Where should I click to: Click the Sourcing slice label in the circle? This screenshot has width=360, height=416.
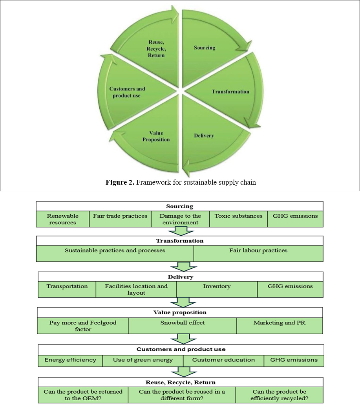point(205,48)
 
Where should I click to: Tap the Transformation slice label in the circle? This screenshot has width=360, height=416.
point(230,92)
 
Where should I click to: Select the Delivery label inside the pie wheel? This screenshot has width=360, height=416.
point(204,136)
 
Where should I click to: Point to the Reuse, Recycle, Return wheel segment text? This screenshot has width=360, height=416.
point(156,49)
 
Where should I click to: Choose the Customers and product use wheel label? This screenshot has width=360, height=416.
point(127,92)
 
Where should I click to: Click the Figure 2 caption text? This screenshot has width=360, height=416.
point(181,182)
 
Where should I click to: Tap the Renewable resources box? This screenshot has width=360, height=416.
point(63,219)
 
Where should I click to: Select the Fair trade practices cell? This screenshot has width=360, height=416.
point(120,216)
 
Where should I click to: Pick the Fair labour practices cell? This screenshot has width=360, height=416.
point(258,251)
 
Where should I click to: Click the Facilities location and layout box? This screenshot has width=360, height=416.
point(136,290)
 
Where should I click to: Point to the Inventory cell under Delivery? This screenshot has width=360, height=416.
point(217,286)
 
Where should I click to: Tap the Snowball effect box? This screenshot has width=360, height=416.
point(183,323)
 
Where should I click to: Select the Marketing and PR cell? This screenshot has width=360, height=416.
point(279,323)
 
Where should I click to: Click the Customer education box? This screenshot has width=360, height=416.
point(223,360)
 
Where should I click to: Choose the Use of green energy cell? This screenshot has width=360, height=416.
point(143,360)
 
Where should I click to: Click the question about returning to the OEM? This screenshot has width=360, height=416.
point(83,395)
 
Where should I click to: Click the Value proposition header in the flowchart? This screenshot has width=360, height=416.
point(180,313)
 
